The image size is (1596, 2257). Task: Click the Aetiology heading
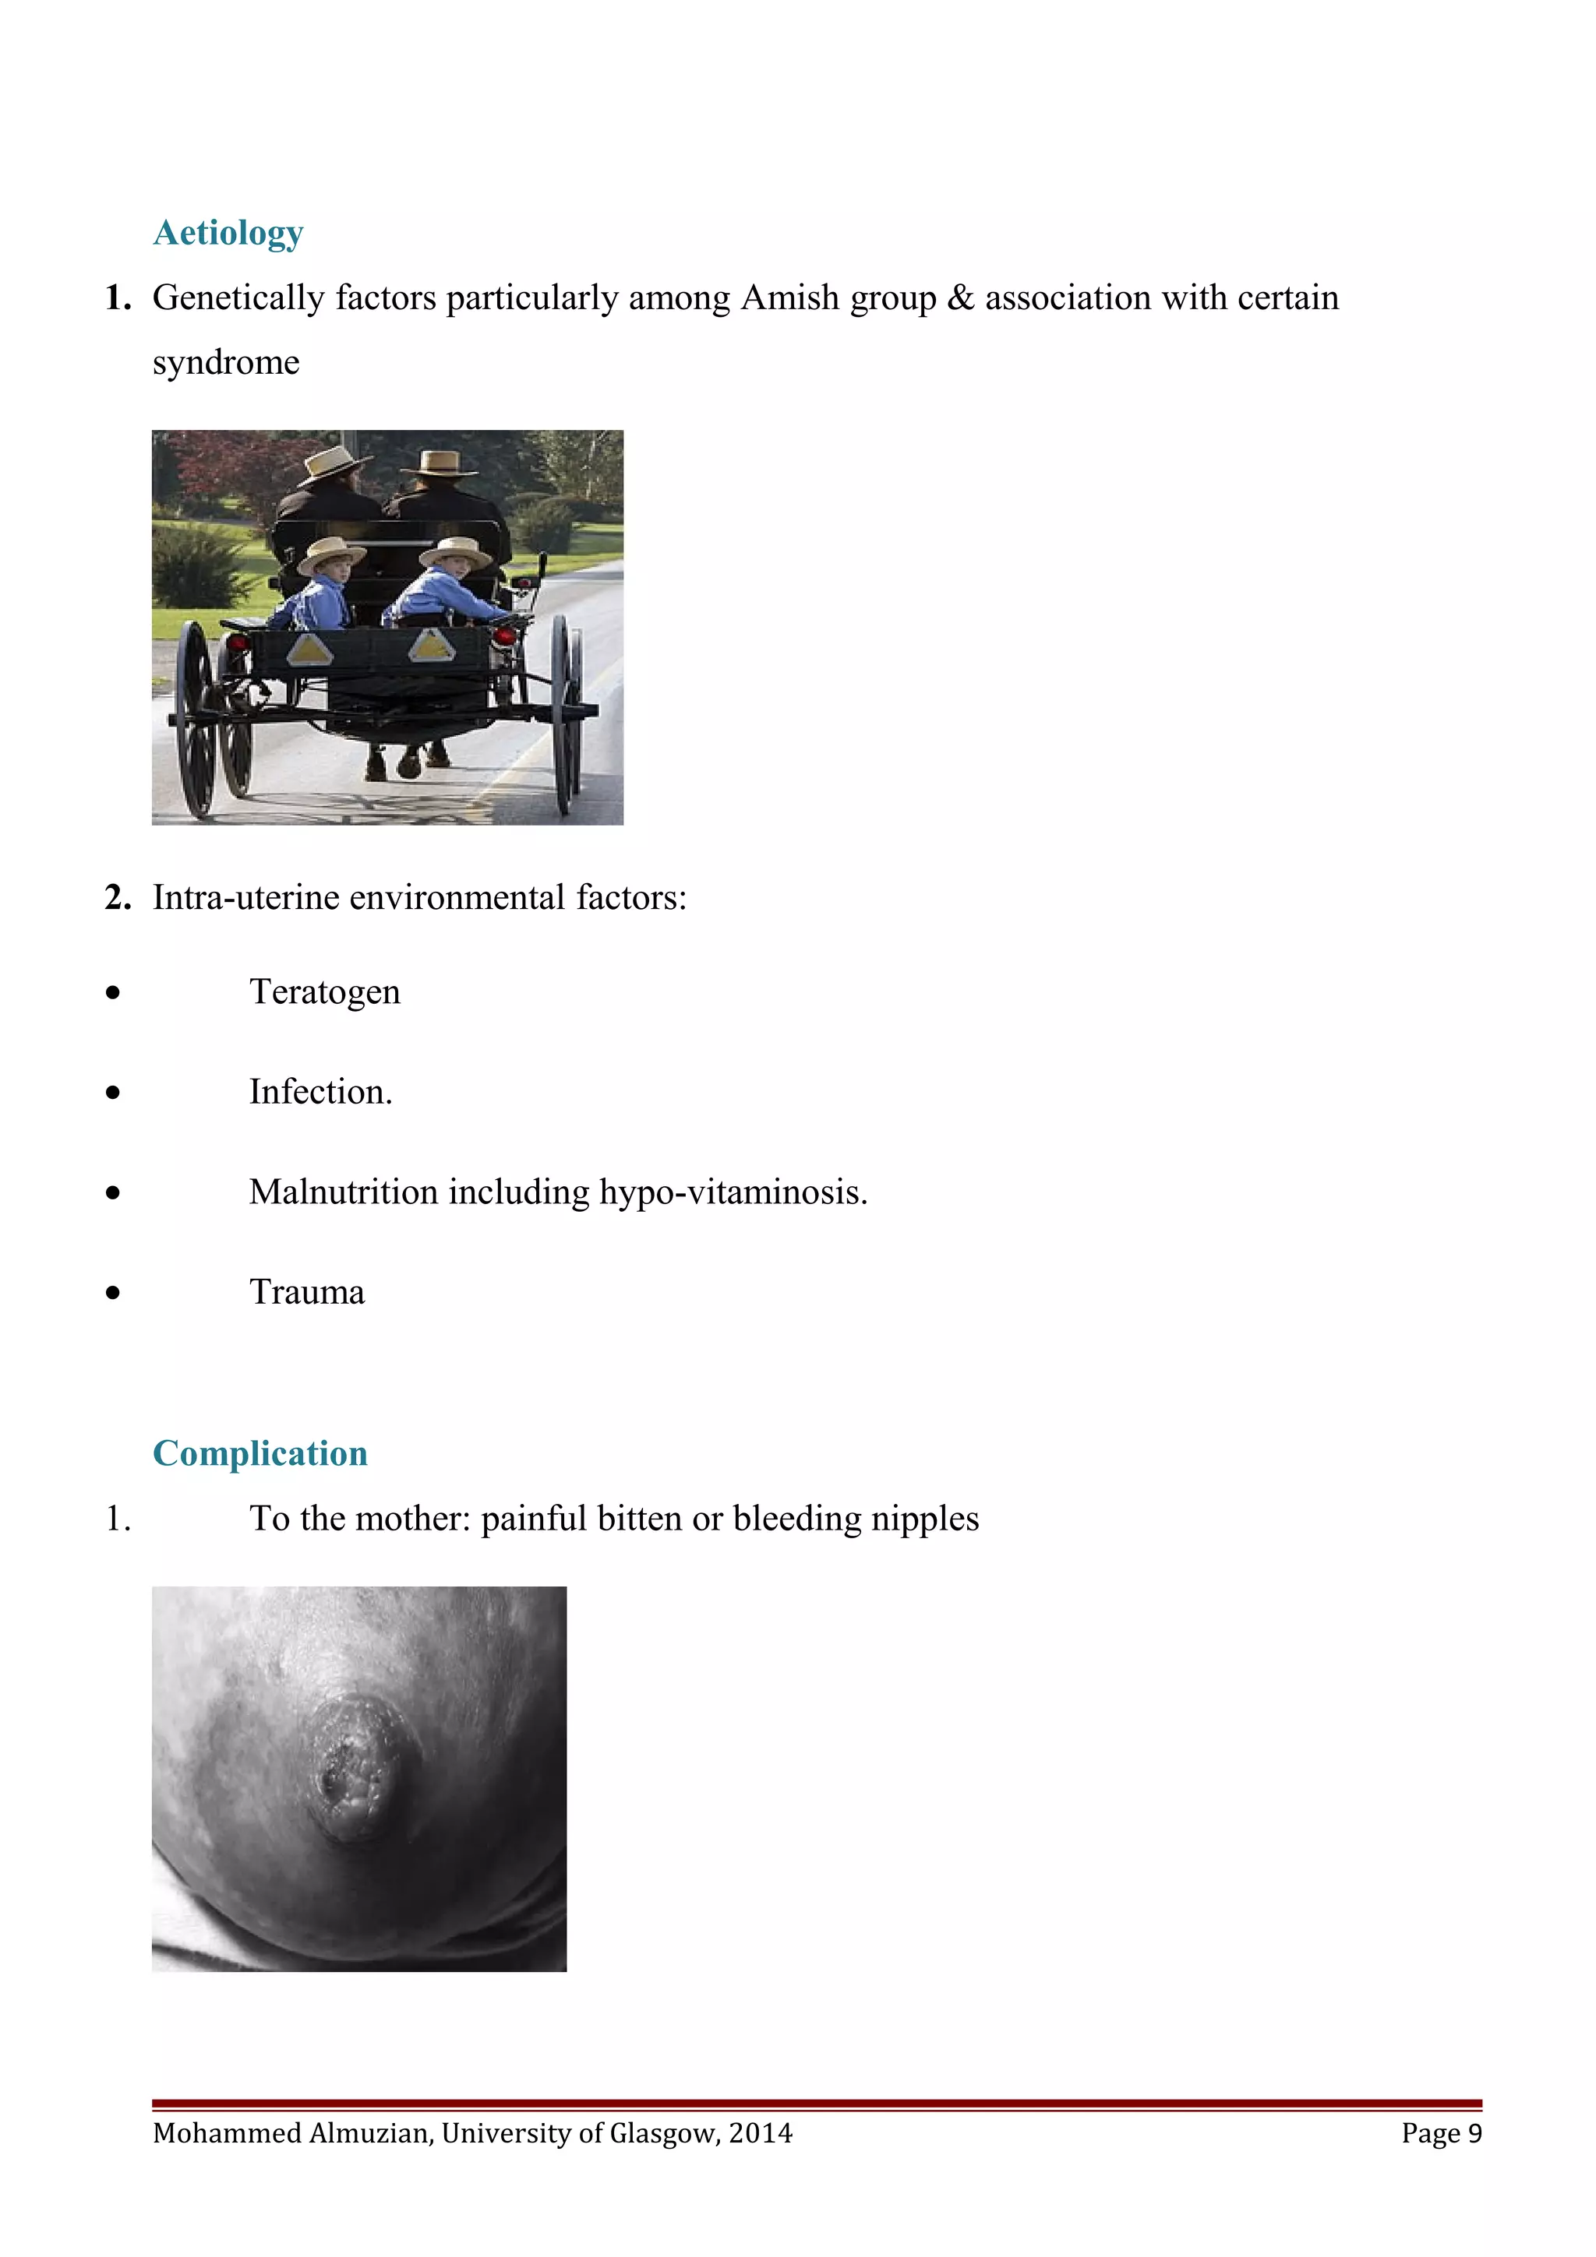click(x=228, y=233)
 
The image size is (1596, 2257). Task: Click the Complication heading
click(x=260, y=1453)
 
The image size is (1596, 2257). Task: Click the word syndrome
click(x=226, y=363)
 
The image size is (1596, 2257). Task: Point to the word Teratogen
click(x=324, y=992)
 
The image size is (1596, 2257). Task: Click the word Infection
click(x=320, y=1092)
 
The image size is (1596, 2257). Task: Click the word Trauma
click(x=307, y=1293)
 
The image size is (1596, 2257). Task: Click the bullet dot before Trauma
click(x=114, y=1293)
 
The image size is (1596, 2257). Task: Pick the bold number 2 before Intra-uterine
click(x=117, y=897)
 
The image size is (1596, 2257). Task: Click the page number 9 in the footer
click(x=1474, y=2133)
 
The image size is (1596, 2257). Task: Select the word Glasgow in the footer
click(x=664, y=2133)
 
